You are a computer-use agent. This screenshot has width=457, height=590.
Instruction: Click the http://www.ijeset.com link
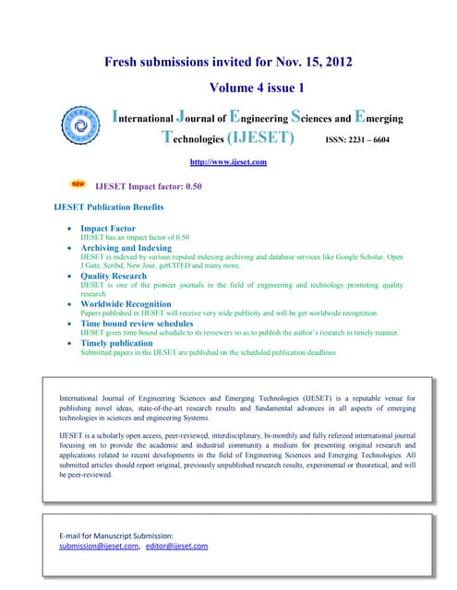coord(227,162)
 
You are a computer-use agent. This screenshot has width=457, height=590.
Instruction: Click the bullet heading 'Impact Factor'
coord(107,227)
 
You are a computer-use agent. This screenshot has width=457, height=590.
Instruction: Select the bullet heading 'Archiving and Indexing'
coord(126,248)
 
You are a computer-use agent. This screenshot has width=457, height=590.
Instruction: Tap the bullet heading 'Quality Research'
coord(114,276)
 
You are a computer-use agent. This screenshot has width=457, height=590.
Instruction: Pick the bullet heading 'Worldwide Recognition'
coord(126,303)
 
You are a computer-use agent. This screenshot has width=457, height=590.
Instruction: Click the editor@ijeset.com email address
coord(176,547)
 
